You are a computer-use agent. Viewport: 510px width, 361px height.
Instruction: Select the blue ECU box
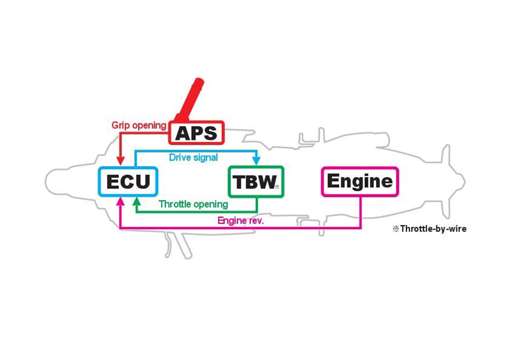[x=128, y=182]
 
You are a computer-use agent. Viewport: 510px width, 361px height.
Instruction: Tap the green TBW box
[x=256, y=182]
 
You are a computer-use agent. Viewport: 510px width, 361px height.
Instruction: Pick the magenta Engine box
[x=360, y=182]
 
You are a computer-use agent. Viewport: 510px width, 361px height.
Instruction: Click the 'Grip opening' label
[x=139, y=125]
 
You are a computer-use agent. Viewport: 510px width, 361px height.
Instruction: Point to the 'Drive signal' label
[x=193, y=158]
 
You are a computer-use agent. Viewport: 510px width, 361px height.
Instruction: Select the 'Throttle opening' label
[x=193, y=204]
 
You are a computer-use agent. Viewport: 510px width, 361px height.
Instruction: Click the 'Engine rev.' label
[x=240, y=220]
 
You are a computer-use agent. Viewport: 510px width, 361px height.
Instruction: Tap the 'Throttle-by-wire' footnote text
[x=433, y=229]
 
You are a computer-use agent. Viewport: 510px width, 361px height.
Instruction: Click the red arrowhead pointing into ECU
[x=120, y=161]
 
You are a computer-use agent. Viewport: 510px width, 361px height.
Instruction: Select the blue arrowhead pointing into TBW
[x=256, y=161]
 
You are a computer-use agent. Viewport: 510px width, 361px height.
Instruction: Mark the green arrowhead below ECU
[x=137, y=202]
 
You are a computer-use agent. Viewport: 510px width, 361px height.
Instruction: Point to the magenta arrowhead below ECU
[x=120, y=202]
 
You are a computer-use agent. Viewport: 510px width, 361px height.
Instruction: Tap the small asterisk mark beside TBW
[x=277, y=187]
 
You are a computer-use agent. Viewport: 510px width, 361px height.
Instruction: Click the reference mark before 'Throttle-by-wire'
[x=396, y=229]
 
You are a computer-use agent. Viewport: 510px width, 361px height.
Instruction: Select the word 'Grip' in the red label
[x=120, y=125]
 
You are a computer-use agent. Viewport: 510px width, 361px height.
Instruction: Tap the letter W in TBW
[x=267, y=182]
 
